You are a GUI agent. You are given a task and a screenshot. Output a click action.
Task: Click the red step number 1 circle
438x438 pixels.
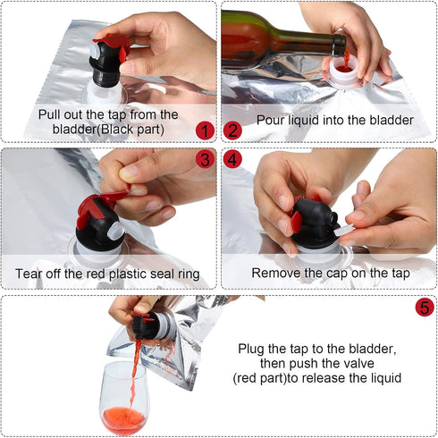click(206, 131)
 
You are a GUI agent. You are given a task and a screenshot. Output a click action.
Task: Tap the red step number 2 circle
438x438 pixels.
click(232, 131)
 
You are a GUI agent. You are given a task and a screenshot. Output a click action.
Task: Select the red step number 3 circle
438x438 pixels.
click(206, 161)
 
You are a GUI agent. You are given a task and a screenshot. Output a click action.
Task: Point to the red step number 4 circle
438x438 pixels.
click(233, 161)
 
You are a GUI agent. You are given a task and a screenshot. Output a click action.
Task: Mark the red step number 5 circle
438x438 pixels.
click(424, 307)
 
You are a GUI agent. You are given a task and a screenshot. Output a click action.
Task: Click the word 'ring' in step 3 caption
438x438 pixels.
click(184, 274)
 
